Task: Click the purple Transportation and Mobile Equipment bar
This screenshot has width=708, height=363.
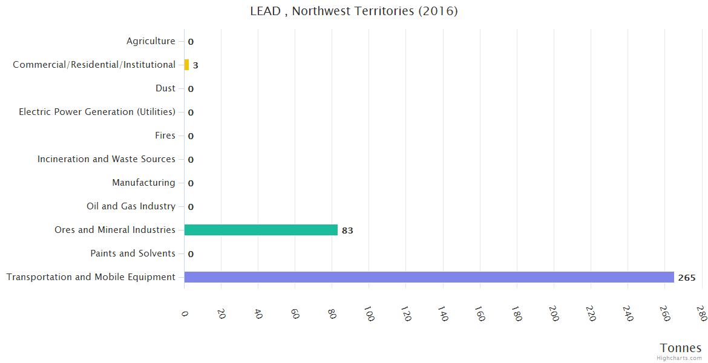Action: pos(428,277)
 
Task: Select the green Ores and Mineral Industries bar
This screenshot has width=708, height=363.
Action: pos(261,230)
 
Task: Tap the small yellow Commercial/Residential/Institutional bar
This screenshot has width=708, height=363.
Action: pos(186,65)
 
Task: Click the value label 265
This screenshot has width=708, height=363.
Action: pos(687,278)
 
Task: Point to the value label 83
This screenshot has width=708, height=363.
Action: pos(347,231)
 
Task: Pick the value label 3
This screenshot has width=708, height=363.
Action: pos(195,65)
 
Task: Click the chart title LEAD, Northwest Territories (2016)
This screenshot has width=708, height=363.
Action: pos(354,11)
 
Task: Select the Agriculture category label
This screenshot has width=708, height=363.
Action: pos(151,41)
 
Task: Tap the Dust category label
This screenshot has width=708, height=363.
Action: pos(165,88)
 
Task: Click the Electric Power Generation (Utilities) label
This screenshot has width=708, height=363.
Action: pos(97,112)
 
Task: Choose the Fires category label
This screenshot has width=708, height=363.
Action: pos(165,136)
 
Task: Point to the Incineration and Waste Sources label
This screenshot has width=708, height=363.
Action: pos(107,159)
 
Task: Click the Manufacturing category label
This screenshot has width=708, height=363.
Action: pos(143,183)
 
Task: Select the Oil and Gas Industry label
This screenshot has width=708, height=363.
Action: pos(131,206)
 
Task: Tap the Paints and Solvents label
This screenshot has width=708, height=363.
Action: pos(133,253)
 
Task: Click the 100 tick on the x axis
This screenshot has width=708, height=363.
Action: pos(369,313)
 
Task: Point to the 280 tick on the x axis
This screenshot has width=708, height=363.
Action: pos(701,313)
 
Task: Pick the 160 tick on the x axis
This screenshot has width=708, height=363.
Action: pos(479,313)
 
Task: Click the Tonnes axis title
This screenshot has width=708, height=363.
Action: pos(681,348)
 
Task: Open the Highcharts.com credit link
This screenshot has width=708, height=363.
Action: pos(680,358)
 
